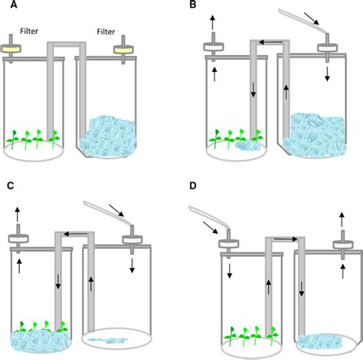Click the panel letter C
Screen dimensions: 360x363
coord(8,185)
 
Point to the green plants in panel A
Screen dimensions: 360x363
coord(34,139)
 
